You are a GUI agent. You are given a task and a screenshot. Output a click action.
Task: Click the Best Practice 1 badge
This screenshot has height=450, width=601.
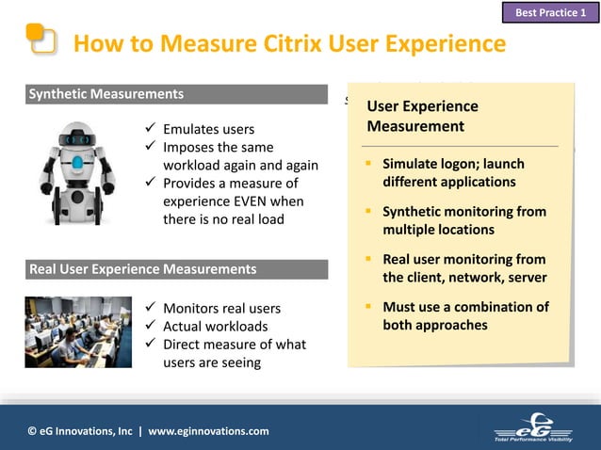click(551, 12)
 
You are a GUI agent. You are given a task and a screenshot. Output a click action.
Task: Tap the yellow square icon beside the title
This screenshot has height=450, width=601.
click(41, 40)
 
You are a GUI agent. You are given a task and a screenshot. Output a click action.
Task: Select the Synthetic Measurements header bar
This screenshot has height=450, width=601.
click(177, 94)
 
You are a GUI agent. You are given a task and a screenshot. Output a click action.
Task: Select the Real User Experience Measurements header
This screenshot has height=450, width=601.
click(177, 269)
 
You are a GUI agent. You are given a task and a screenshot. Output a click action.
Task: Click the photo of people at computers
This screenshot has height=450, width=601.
click(78, 332)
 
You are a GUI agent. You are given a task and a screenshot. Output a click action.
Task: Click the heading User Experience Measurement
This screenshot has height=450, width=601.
click(422, 116)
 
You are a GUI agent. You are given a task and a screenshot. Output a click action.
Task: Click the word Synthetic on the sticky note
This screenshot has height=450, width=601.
click(414, 212)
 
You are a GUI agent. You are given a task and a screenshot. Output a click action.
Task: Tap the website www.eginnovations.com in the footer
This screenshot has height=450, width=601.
click(208, 431)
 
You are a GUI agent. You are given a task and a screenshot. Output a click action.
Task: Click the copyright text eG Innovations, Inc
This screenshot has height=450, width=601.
click(81, 431)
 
